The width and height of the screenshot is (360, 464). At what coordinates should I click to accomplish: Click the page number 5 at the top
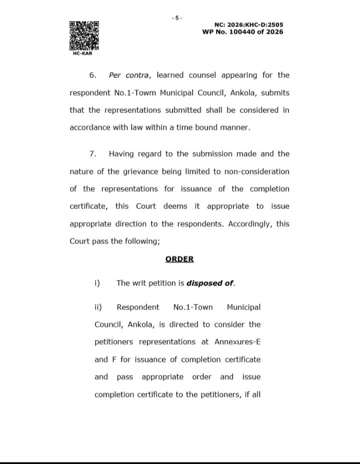click(176, 18)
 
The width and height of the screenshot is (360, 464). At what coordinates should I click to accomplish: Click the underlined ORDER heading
click(179, 259)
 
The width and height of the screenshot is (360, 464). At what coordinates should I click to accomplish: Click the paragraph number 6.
click(92, 75)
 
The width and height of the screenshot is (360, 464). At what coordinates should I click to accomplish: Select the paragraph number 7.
click(92, 153)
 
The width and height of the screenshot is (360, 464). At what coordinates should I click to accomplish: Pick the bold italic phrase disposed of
click(210, 283)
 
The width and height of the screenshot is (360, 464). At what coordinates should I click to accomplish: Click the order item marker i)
click(97, 283)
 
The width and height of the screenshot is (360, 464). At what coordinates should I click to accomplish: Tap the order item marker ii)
click(98, 307)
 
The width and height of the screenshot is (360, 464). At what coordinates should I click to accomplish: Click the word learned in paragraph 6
click(172, 75)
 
